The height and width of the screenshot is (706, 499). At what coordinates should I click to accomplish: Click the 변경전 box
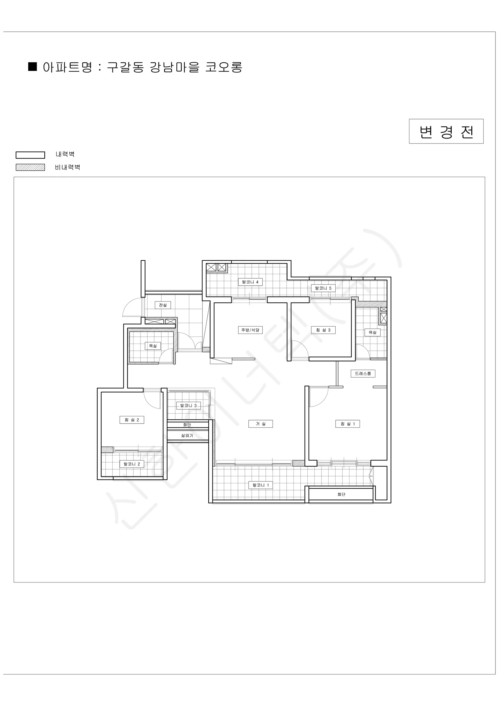point(446,131)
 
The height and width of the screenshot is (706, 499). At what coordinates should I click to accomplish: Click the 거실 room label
point(261,424)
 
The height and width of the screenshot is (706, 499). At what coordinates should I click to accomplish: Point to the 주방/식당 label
point(250,330)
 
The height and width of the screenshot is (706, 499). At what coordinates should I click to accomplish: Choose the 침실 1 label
point(348,424)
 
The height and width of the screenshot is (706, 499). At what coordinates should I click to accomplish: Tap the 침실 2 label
point(132,420)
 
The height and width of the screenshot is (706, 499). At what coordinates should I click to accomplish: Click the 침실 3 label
point(323,330)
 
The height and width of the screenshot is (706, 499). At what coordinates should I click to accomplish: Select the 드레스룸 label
point(363,373)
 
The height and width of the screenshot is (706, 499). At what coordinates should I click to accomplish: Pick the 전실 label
point(163,305)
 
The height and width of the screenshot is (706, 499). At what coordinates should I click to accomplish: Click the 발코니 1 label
point(261,485)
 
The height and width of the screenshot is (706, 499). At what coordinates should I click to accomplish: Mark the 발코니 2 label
point(132,464)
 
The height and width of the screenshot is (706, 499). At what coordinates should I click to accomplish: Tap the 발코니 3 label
point(188,406)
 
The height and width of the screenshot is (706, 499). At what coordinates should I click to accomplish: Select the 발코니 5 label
point(323,288)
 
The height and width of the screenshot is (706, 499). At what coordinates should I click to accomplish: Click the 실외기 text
point(187,435)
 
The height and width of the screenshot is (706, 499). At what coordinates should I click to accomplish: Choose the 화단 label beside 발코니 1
point(341,494)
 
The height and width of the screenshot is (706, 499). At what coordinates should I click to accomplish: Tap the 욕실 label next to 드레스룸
point(372,332)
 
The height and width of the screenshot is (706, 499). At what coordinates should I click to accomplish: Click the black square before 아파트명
point(33,66)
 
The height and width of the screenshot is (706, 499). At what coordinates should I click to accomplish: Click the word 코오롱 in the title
point(224,67)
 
